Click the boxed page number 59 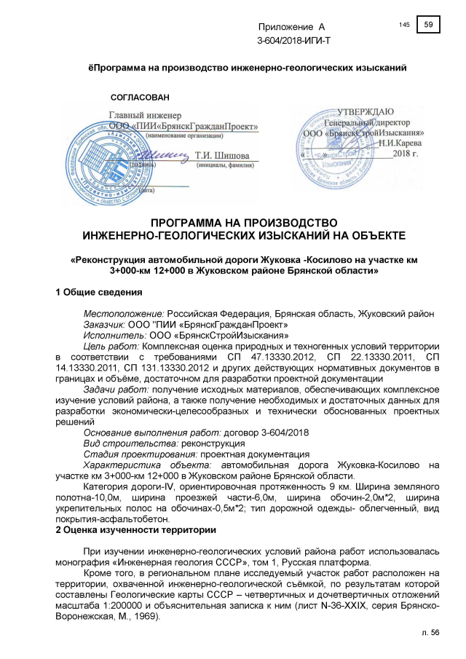coord(429,25)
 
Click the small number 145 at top coord(405,25)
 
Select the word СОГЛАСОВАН coord(138,97)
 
